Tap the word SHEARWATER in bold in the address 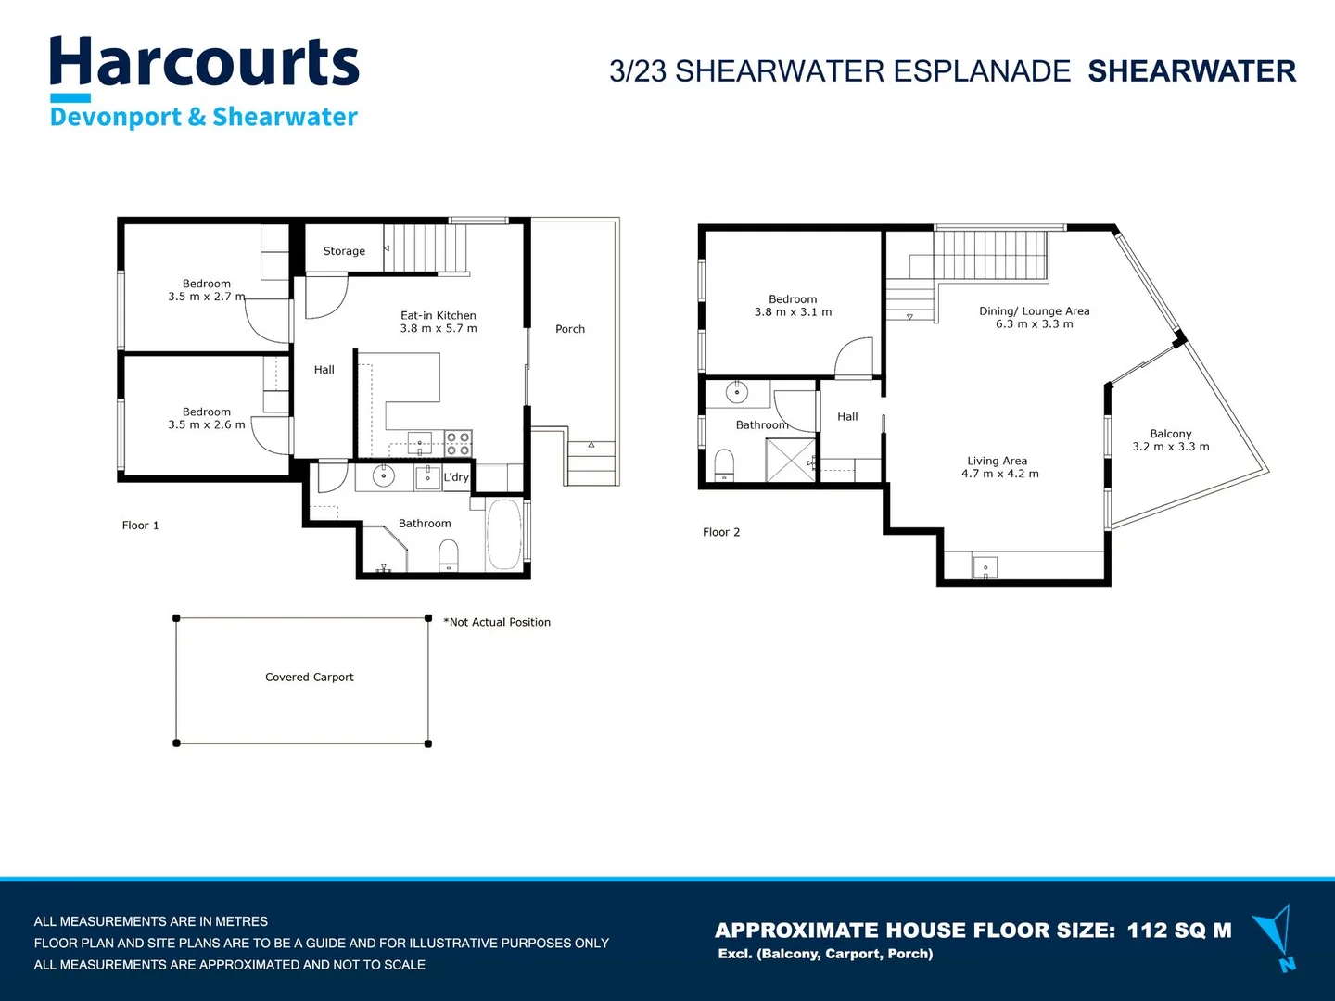click(1192, 71)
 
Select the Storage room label click(344, 251)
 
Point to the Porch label click(570, 329)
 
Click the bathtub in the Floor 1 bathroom click(504, 535)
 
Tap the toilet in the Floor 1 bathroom click(449, 555)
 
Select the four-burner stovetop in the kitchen click(458, 443)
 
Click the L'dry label click(456, 477)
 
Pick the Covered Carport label click(309, 677)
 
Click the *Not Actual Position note click(497, 622)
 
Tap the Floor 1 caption click(141, 526)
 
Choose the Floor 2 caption click(721, 532)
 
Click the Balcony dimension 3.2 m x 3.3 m click(1171, 447)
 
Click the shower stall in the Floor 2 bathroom click(791, 460)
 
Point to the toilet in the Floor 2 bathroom click(724, 465)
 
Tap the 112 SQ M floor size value click(1179, 930)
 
